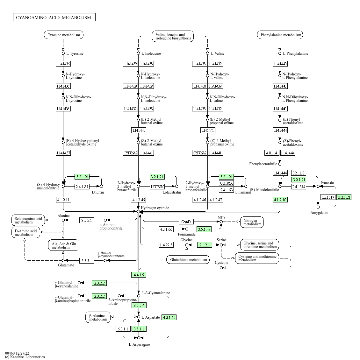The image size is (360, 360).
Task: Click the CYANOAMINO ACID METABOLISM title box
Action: click(x=54, y=17)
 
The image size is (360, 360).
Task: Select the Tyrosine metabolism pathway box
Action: click(x=64, y=35)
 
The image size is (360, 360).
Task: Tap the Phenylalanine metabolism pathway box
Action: click(x=280, y=35)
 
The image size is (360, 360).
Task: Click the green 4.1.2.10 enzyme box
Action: click(x=280, y=200)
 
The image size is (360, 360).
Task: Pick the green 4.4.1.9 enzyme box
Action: click(x=139, y=275)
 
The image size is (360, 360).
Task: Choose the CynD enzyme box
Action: click(x=186, y=222)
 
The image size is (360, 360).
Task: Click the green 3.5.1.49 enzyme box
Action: click(x=204, y=229)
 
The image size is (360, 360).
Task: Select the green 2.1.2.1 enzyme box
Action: click(x=205, y=245)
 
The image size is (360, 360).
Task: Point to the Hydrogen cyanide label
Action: click(x=155, y=208)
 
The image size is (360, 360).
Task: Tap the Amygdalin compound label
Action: click(x=319, y=213)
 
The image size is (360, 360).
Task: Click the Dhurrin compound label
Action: click(x=98, y=192)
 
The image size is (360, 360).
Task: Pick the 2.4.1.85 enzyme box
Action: click(x=82, y=187)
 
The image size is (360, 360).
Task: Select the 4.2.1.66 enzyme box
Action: click(x=166, y=229)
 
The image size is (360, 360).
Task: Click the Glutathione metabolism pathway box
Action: click(x=188, y=260)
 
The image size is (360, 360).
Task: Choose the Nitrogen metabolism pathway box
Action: click(x=252, y=222)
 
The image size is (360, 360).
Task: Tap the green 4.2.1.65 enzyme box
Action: click(x=169, y=317)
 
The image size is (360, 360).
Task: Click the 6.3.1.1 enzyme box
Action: click(x=123, y=329)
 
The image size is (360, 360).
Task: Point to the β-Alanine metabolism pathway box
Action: click(x=98, y=317)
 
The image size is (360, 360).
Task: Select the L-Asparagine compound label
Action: click(x=139, y=344)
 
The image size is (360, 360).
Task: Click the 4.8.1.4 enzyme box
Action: click(x=271, y=153)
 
